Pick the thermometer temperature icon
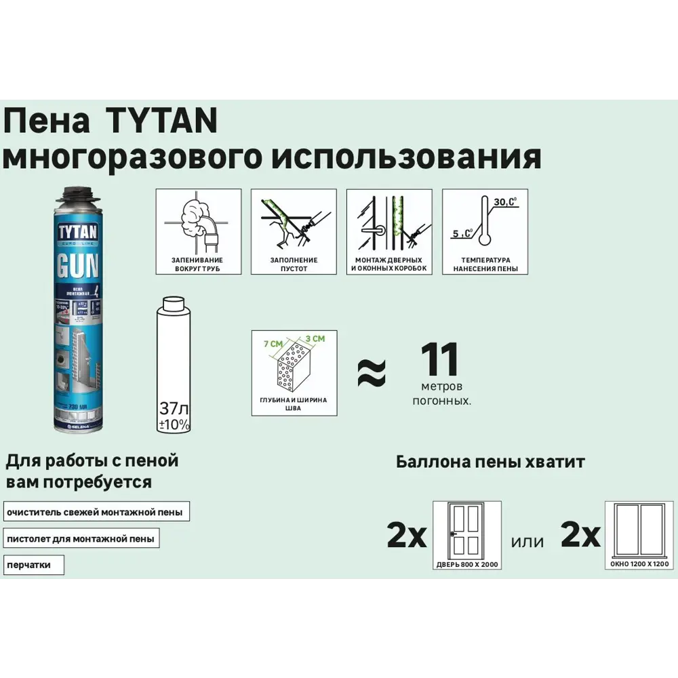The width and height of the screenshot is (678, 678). (x=485, y=220)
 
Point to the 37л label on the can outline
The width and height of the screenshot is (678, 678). (x=174, y=409)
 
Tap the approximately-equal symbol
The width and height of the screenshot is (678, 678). (x=372, y=372)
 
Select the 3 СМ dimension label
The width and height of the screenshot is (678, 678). (x=316, y=338)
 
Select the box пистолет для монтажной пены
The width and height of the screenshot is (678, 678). (x=81, y=539)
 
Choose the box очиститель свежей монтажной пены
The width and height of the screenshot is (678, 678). (x=96, y=512)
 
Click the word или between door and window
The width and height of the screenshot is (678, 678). (x=527, y=541)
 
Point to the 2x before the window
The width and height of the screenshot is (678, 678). (x=581, y=536)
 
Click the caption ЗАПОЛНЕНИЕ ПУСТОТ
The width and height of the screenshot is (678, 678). (x=294, y=264)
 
